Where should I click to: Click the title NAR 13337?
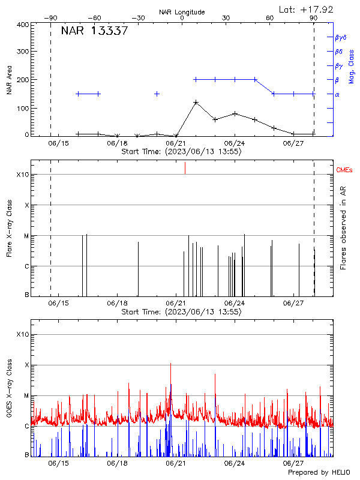pyautogui.click(x=94, y=31)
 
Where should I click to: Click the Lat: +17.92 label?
pyautogui.click(x=307, y=9)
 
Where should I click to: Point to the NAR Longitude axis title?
pyautogui.click(x=182, y=11)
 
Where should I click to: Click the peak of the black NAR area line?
pyautogui.click(x=196, y=102)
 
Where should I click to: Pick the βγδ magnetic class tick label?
pyautogui.click(x=341, y=37)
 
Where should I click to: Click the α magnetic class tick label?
pyautogui.click(x=337, y=94)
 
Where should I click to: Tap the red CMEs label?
pyautogui.click(x=345, y=170)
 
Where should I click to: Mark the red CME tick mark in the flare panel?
pyautogui.click(x=185, y=168)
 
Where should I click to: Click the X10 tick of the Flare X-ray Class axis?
pyautogui.click(x=22, y=175)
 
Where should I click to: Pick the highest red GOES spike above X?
pyautogui.click(x=170, y=364)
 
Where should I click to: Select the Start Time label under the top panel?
pyautogui.click(x=181, y=152)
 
